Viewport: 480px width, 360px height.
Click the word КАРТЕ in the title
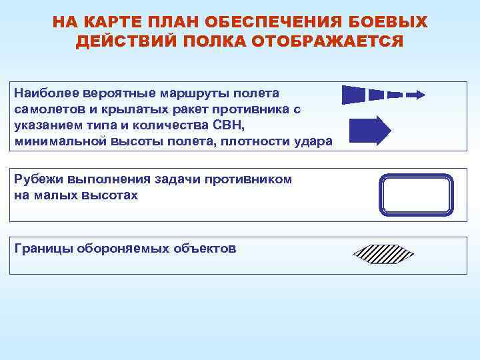pos(112,23)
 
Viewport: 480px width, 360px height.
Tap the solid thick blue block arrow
pos(370,131)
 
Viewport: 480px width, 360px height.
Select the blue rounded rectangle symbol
pos(416,195)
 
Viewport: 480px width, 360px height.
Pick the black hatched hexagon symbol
pos(383,255)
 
